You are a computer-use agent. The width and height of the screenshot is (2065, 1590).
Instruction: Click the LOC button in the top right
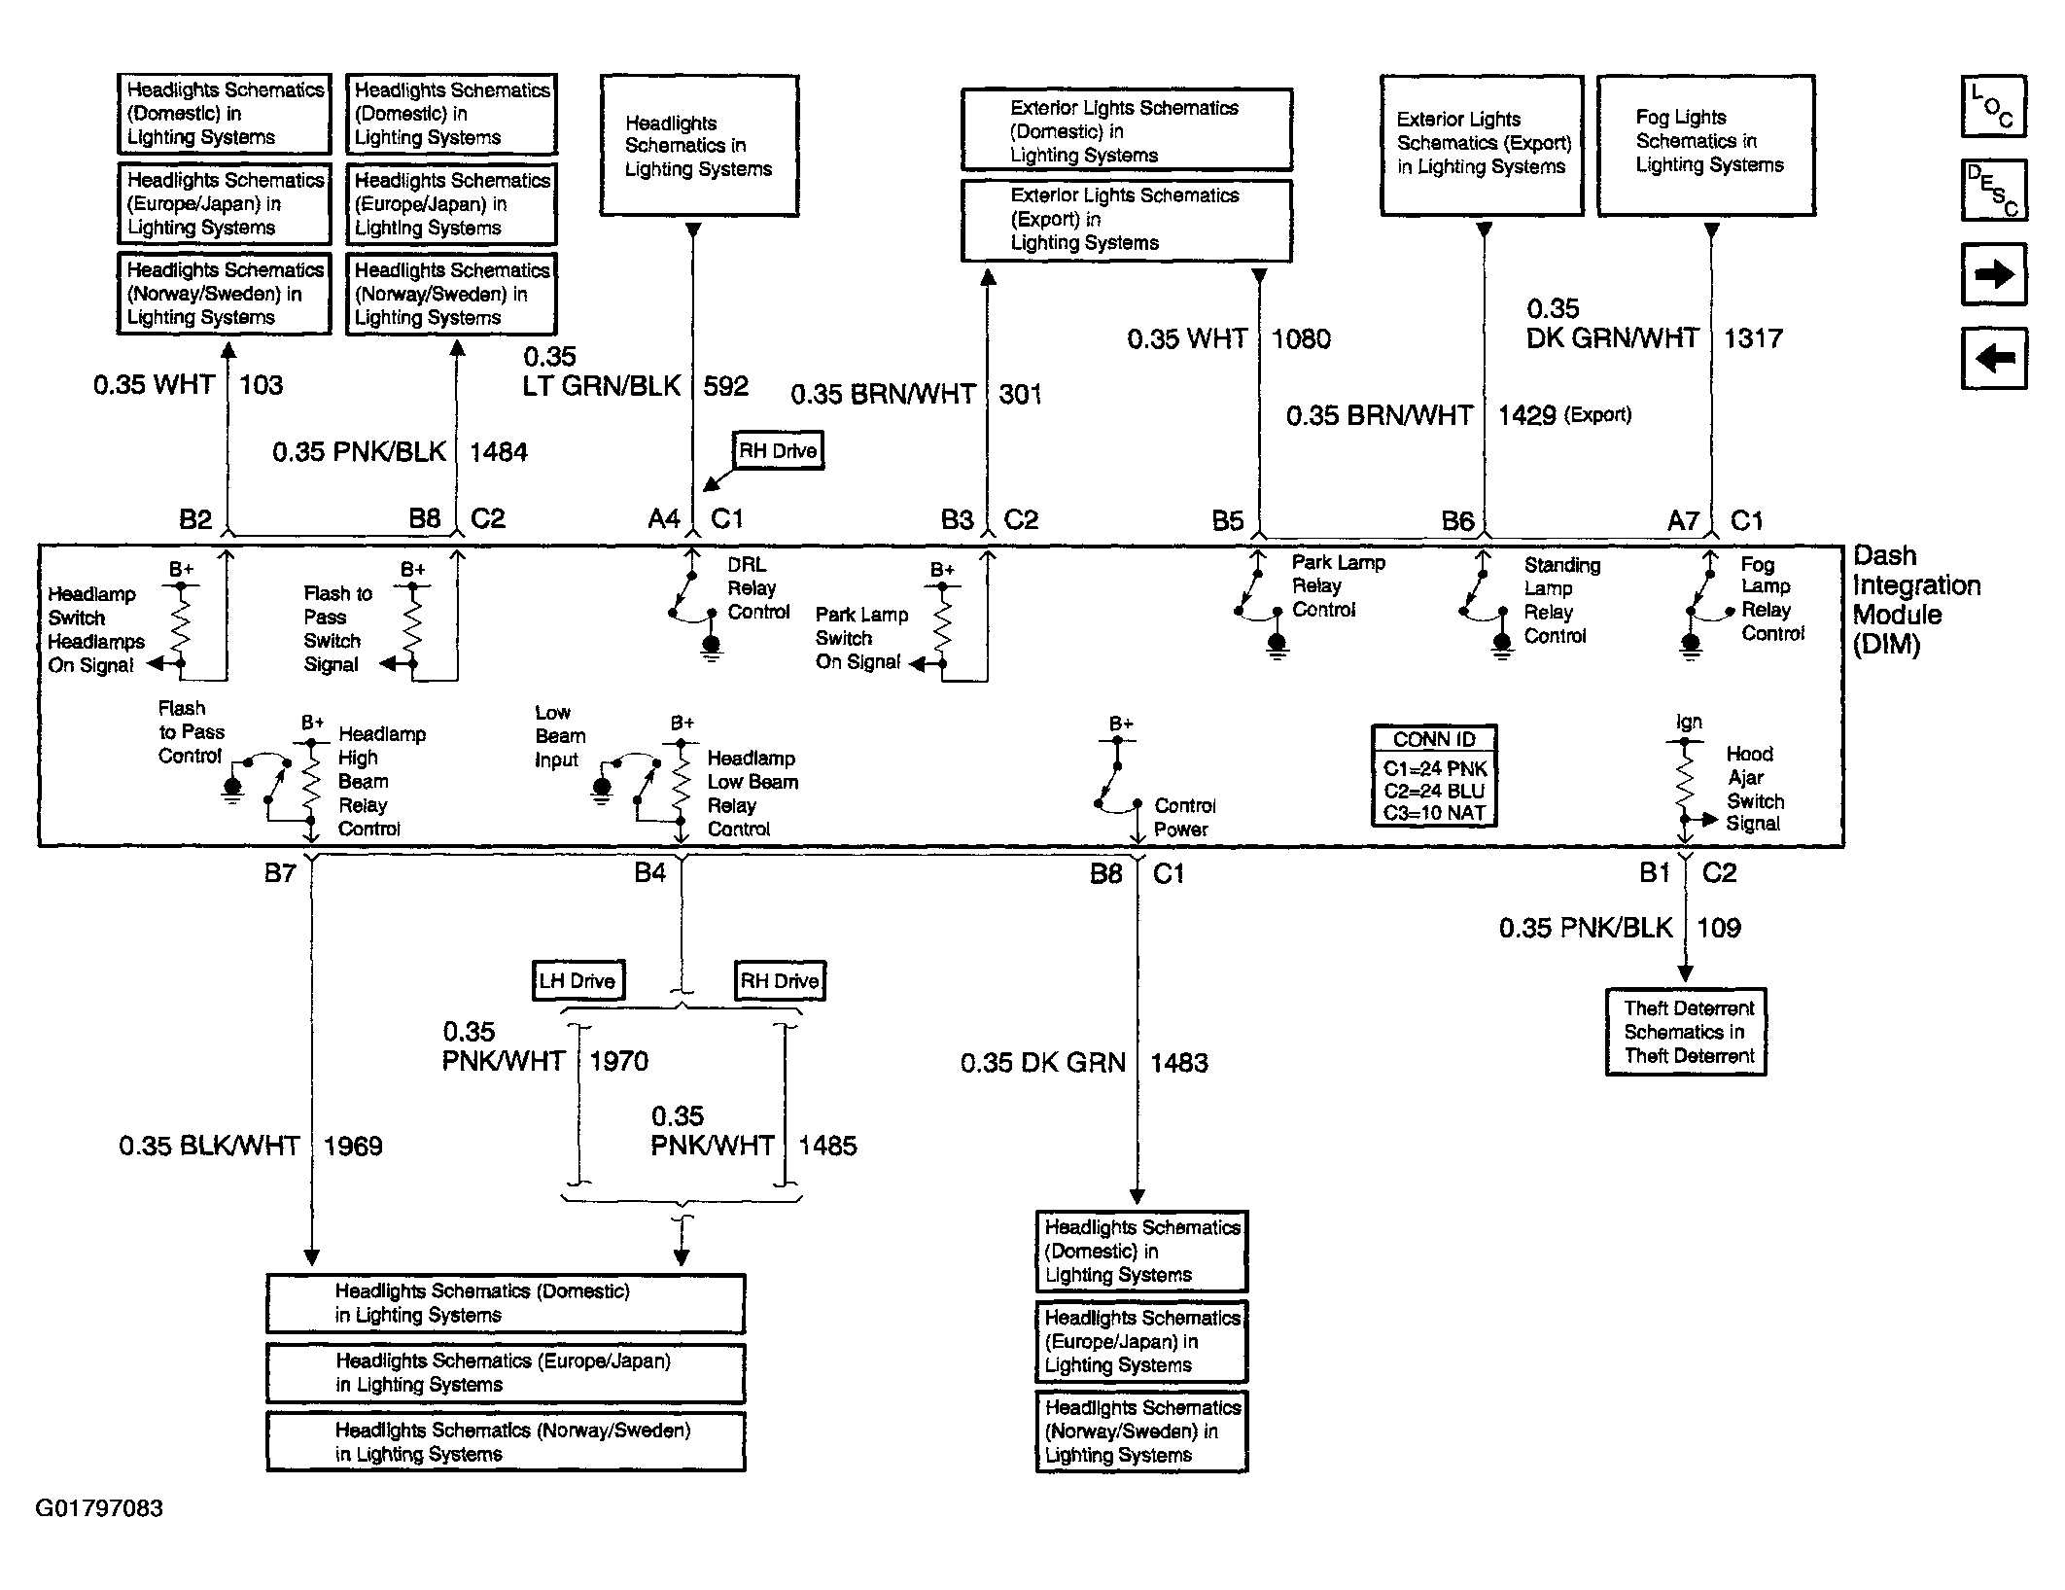click(1993, 106)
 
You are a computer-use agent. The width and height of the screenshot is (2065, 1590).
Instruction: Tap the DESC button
click(1993, 191)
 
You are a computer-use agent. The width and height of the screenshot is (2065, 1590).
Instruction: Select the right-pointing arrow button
click(1993, 275)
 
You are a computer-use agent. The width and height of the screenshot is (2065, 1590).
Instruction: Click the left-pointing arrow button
click(1993, 359)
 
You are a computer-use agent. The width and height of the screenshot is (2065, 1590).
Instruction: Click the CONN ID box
click(1433, 776)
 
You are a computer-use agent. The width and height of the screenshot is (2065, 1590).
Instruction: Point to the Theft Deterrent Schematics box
click(1686, 1032)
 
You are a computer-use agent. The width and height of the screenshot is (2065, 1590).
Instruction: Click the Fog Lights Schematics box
click(1706, 143)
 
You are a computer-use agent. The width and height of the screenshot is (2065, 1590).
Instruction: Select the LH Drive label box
click(577, 980)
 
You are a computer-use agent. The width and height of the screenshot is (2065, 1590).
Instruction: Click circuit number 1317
click(1753, 338)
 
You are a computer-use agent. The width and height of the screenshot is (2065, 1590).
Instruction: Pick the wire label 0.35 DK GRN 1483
click(1083, 1062)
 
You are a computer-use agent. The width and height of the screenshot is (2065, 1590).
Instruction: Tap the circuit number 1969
click(353, 1146)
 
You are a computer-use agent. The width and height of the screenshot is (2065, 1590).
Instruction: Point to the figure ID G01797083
click(99, 1508)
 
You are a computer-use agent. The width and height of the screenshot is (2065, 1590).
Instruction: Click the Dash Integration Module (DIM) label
click(1913, 600)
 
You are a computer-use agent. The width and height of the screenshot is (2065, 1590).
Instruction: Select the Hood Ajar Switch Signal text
click(1755, 789)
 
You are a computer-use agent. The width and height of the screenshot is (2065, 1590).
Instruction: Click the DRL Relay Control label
click(757, 588)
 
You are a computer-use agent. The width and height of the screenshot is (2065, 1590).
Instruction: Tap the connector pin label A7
click(1683, 520)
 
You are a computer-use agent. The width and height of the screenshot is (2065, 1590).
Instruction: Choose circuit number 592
click(725, 386)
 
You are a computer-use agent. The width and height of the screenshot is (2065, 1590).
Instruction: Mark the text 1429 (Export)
click(1563, 415)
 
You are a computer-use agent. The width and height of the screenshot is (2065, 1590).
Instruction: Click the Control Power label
click(1183, 818)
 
